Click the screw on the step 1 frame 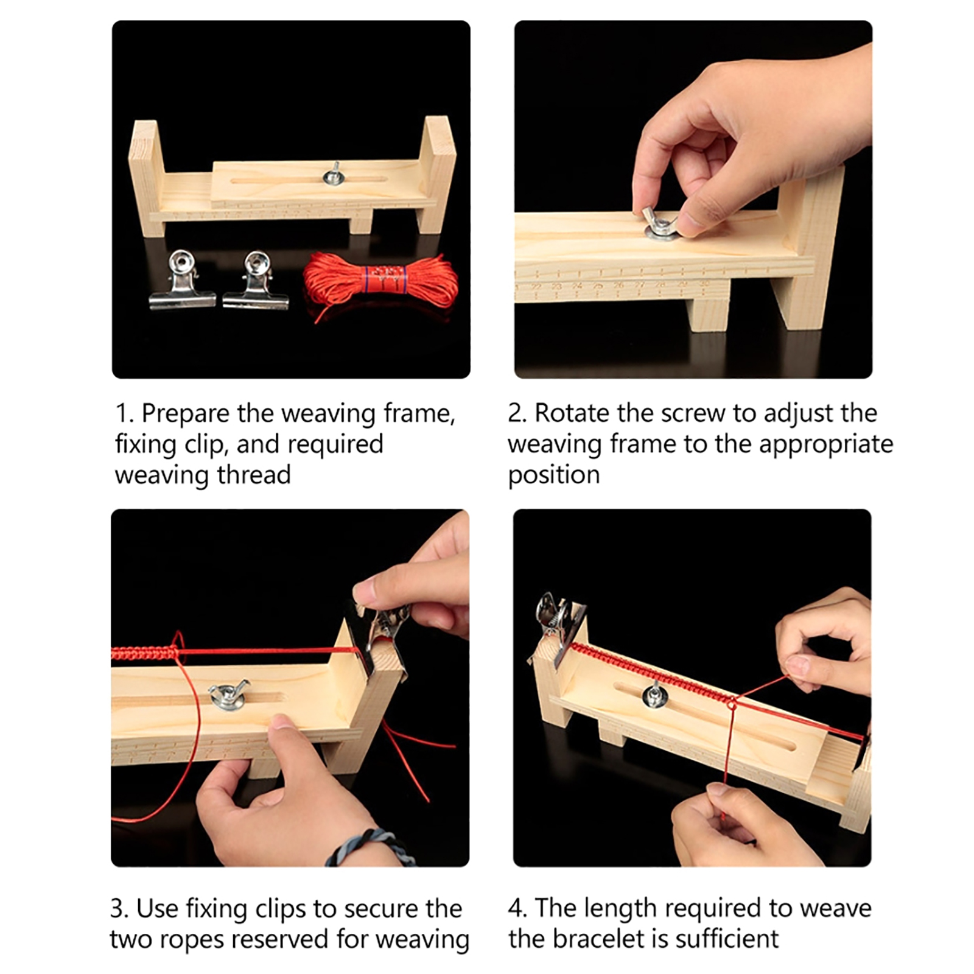[334, 174]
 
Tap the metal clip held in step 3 [380, 633]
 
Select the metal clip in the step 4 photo [557, 621]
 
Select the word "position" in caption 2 [554, 475]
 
